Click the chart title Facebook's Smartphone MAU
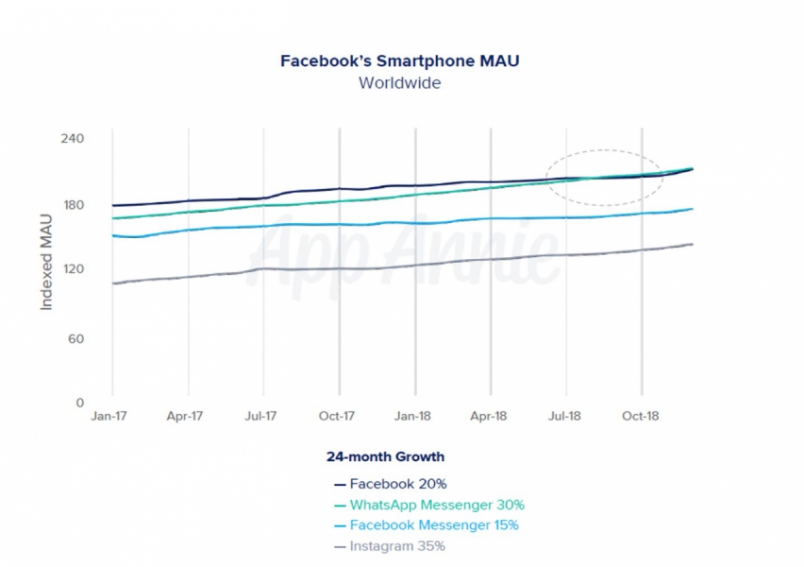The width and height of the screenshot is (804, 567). (400, 61)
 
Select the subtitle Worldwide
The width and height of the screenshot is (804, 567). (399, 82)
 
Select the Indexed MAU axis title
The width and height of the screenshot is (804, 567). (46, 268)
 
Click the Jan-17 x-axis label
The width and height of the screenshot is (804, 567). (111, 416)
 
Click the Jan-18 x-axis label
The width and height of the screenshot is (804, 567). (413, 416)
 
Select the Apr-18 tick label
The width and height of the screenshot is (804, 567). (488, 416)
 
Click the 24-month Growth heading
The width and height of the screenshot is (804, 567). (385, 456)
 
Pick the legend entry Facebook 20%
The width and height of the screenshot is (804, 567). (391, 484)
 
